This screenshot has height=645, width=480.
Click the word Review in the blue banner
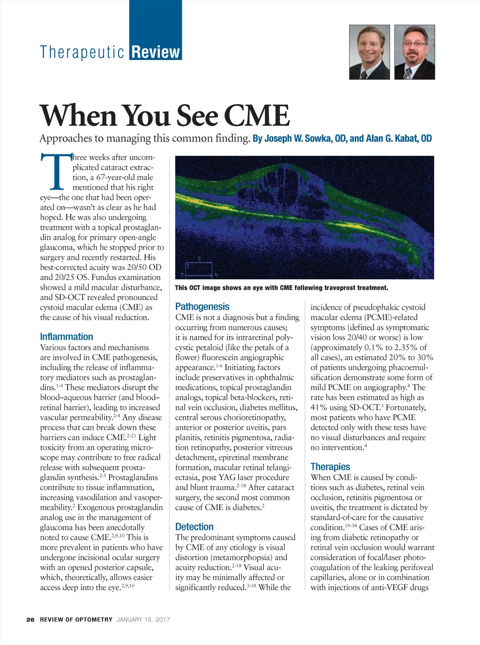click(156, 52)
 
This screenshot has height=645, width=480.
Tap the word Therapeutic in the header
click(82, 52)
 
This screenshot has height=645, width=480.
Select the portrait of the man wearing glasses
click(414, 52)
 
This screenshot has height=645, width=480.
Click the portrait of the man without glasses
click(369, 52)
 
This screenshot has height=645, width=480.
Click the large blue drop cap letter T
click(55, 171)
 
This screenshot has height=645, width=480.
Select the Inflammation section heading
click(67, 337)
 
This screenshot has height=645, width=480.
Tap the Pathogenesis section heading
click(202, 307)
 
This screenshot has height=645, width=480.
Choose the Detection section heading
click(194, 526)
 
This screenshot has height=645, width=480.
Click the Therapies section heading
click(330, 466)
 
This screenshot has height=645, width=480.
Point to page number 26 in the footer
click(30, 619)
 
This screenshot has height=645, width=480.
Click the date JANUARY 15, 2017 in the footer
click(143, 619)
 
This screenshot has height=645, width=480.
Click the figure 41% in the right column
click(320, 407)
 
